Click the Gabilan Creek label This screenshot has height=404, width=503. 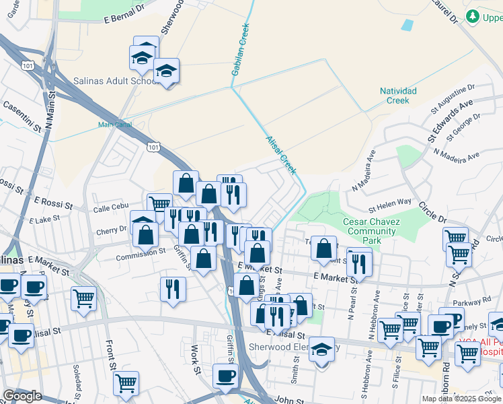(x=241, y=49)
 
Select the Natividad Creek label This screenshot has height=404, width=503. (x=398, y=96)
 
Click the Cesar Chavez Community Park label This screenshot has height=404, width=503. (x=373, y=231)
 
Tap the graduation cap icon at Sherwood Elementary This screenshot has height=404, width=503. (x=323, y=349)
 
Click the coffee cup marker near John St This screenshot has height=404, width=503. (x=225, y=375)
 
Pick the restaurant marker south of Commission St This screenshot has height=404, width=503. (x=173, y=288)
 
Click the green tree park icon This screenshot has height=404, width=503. (x=473, y=16)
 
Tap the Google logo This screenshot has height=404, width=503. (x=22, y=397)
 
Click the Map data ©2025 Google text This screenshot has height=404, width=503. (x=461, y=399)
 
